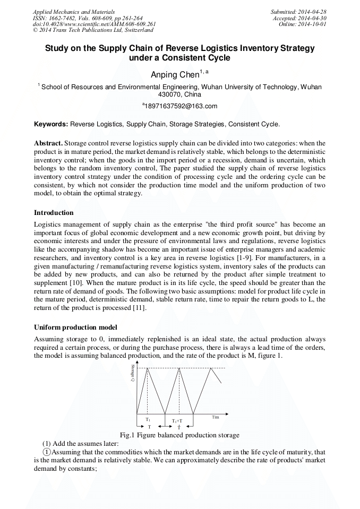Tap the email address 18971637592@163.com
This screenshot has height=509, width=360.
pos(180,106)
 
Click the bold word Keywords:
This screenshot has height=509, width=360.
pos(51,124)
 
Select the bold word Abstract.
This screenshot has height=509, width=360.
pos(48,143)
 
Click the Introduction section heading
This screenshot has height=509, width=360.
pos(54,213)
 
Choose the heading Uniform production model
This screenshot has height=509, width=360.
pos(75,327)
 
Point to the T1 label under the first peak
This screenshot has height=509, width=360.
pos(148,419)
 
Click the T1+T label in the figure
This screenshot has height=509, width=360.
pos(177,420)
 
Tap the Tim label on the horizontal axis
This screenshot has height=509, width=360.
pos(216,417)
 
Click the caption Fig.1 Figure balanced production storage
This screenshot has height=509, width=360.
pos(179,435)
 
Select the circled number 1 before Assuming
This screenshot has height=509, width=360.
pos(47,452)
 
